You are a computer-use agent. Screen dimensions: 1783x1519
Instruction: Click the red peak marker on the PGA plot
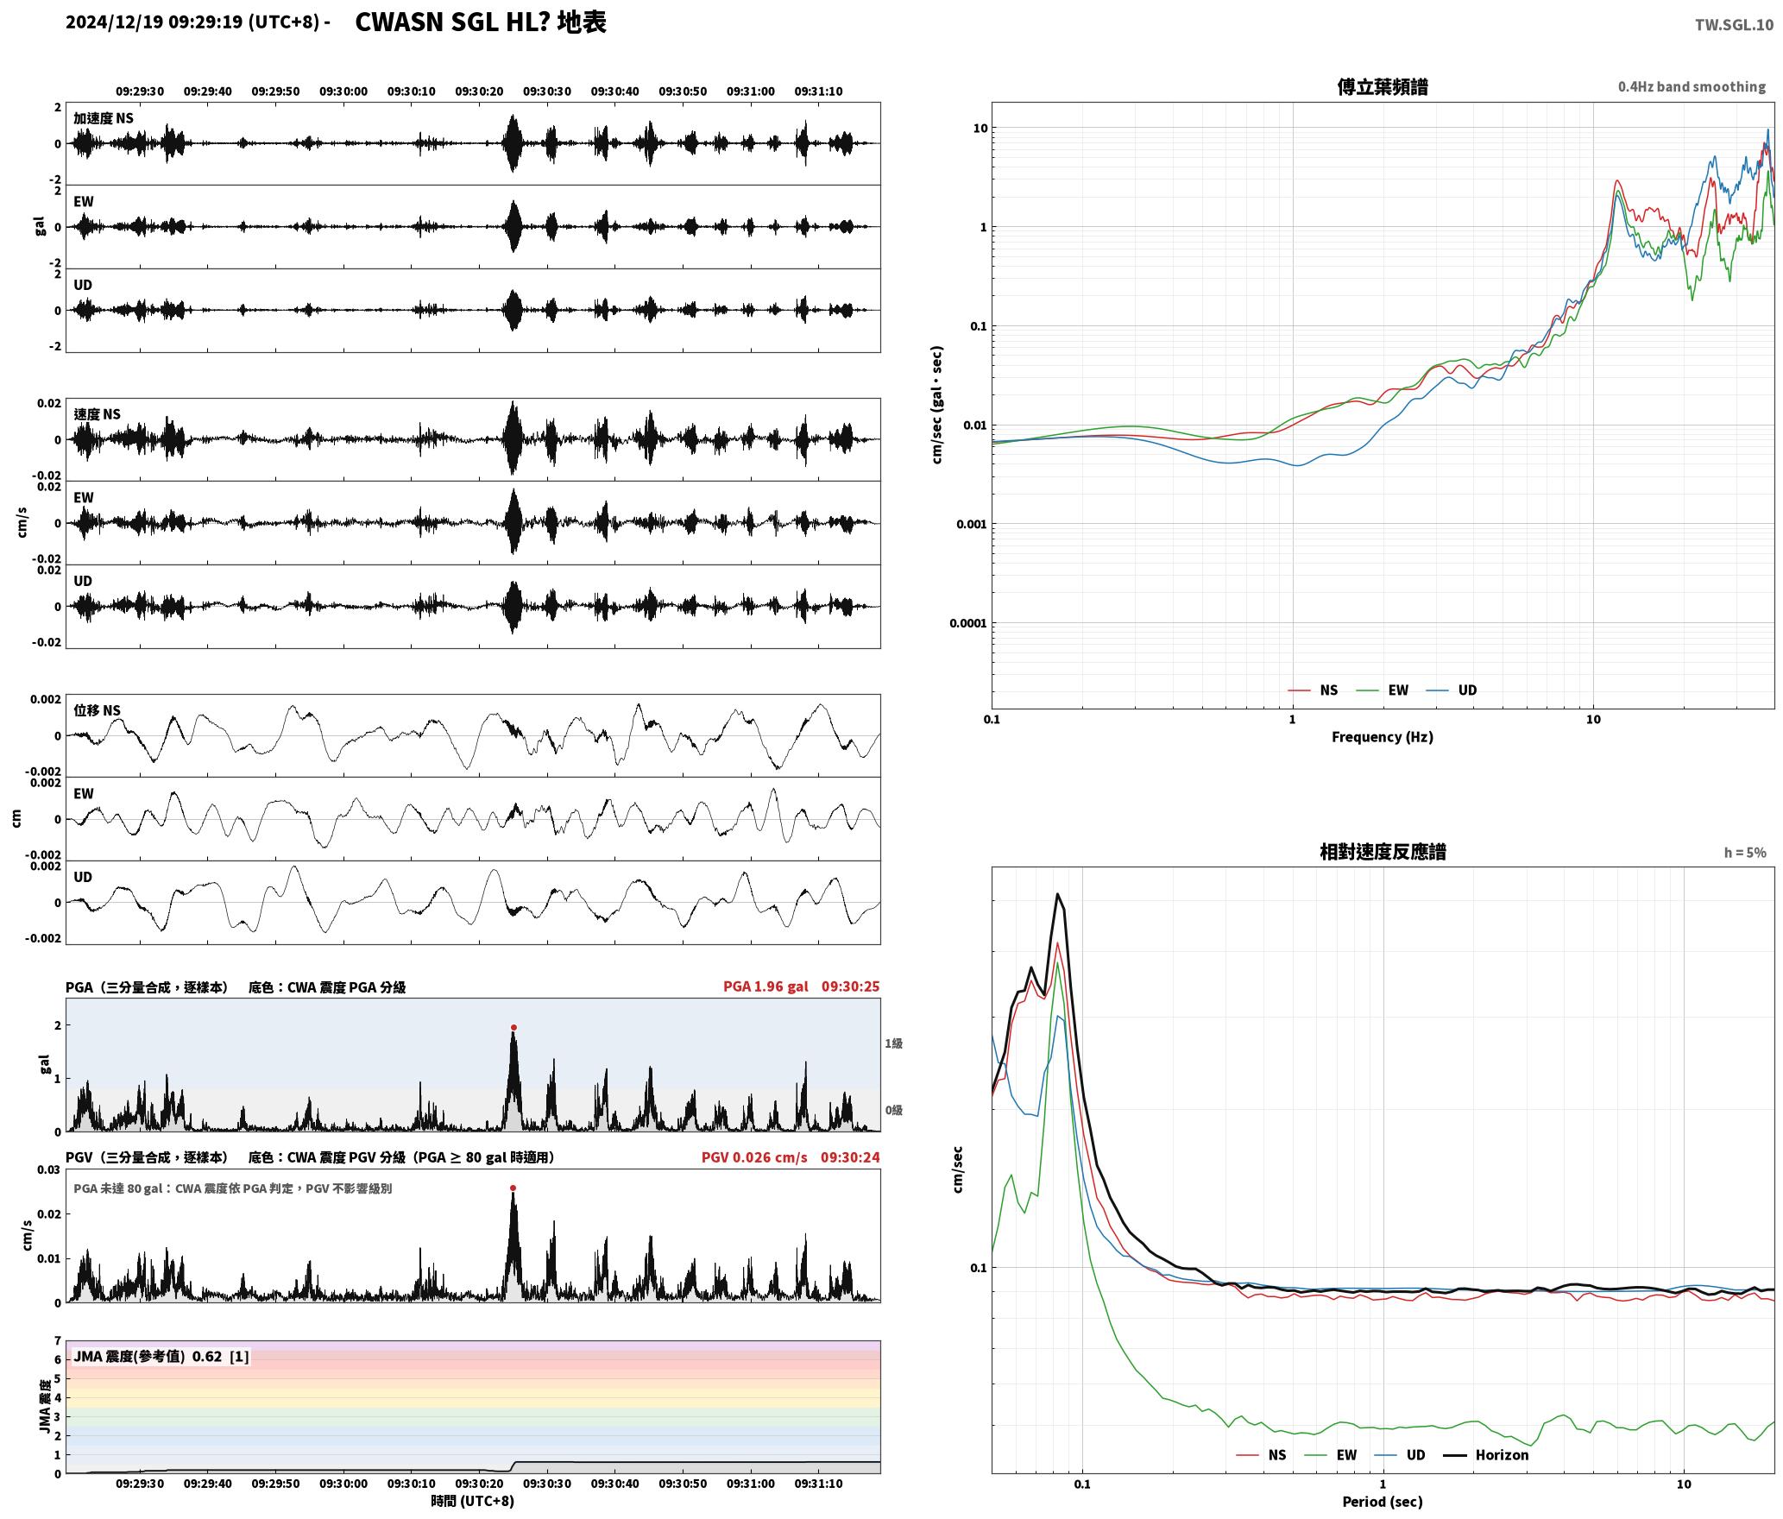(513, 1028)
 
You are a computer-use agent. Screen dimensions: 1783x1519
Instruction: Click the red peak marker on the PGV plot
(513, 1188)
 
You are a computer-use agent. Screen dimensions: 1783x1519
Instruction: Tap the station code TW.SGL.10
(1734, 25)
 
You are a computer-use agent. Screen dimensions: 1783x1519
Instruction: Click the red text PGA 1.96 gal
(765, 986)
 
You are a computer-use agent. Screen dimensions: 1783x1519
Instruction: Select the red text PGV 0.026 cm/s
(754, 1157)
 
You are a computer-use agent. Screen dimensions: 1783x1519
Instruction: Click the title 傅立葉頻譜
(1383, 87)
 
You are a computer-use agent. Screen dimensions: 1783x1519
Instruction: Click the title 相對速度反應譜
(1383, 852)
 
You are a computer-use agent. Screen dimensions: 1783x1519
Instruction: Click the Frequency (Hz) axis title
(1383, 737)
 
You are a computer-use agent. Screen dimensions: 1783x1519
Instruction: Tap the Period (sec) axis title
(1383, 1502)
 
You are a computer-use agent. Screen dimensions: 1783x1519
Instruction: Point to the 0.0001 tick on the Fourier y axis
(967, 623)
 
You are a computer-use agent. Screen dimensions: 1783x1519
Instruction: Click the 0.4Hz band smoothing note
(1692, 87)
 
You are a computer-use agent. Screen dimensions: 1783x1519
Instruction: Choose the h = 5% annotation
(1745, 853)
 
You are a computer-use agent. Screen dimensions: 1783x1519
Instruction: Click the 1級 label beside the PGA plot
(893, 1043)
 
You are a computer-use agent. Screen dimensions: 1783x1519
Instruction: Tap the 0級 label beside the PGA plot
(893, 1110)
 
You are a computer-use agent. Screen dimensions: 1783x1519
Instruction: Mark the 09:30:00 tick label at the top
(343, 91)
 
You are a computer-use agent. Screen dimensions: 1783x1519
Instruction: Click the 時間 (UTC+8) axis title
(473, 1502)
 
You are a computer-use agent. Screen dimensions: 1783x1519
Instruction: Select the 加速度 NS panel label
(104, 118)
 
